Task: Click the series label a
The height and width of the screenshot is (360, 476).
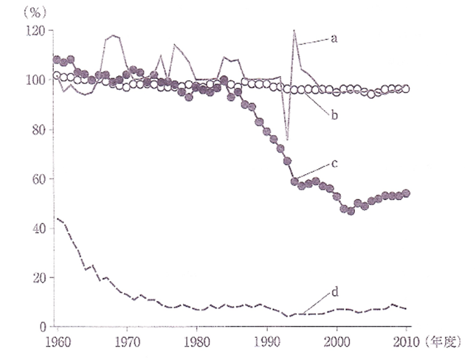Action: point(334,38)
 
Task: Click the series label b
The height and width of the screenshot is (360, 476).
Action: point(334,115)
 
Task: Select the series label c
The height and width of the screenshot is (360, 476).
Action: point(334,163)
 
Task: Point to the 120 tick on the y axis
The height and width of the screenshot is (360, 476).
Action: point(35,30)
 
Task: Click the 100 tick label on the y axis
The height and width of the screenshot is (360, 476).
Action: point(35,80)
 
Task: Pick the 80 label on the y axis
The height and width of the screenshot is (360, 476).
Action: point(38,129)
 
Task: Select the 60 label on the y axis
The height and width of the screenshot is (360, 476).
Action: point(38,179)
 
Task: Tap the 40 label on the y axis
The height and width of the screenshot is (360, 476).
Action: point(38,228)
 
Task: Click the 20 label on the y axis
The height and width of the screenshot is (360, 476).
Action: point(38,277)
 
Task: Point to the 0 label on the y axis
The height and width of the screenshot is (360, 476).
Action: point(42,327)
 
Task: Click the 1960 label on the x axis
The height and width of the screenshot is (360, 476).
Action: point(56,342)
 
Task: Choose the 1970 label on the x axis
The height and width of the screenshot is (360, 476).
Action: point(126,342)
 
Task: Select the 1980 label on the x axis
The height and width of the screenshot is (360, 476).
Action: point(196,342)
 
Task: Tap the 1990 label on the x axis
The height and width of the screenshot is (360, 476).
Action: point(266,342)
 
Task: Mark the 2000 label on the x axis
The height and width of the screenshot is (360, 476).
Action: point(337,342)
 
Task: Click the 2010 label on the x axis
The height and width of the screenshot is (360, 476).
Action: point(406,342)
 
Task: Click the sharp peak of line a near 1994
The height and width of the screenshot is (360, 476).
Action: point(294,30)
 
